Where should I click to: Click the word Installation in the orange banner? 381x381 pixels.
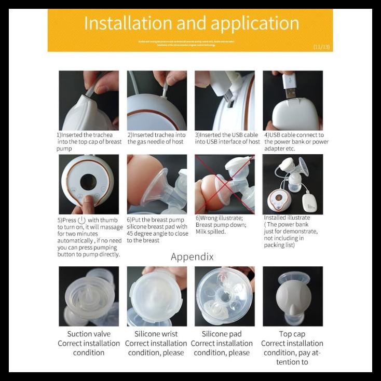(x=128, y=23)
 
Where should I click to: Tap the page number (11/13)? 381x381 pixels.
(x=321, y=47)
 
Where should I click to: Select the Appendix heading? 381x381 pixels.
(x=192, y=256)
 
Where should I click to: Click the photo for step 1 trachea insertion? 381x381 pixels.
(x=89, y=100)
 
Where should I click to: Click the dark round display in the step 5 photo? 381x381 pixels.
(x=88, y=182)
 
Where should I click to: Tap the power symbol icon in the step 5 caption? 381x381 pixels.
(x=81, y=220)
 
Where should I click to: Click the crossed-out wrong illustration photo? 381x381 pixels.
(x=225, y=184)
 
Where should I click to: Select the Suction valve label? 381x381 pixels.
(x=89, y=334)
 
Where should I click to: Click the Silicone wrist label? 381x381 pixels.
(x=156, y=334)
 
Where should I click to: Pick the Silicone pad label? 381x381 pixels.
(x=222, y=334)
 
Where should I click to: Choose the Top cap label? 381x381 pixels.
(x=292, y=334)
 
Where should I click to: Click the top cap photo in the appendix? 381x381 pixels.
(x=293, y=296)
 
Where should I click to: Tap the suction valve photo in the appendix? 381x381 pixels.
(x=89, y=296)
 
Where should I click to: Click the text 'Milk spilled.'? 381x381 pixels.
(x=211, y=232)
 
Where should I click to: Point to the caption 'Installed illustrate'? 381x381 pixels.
(x=287, y=218)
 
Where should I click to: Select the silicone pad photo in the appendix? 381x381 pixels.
(x=225, y=296)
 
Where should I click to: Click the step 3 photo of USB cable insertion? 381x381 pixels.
(x=225, y=100)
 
